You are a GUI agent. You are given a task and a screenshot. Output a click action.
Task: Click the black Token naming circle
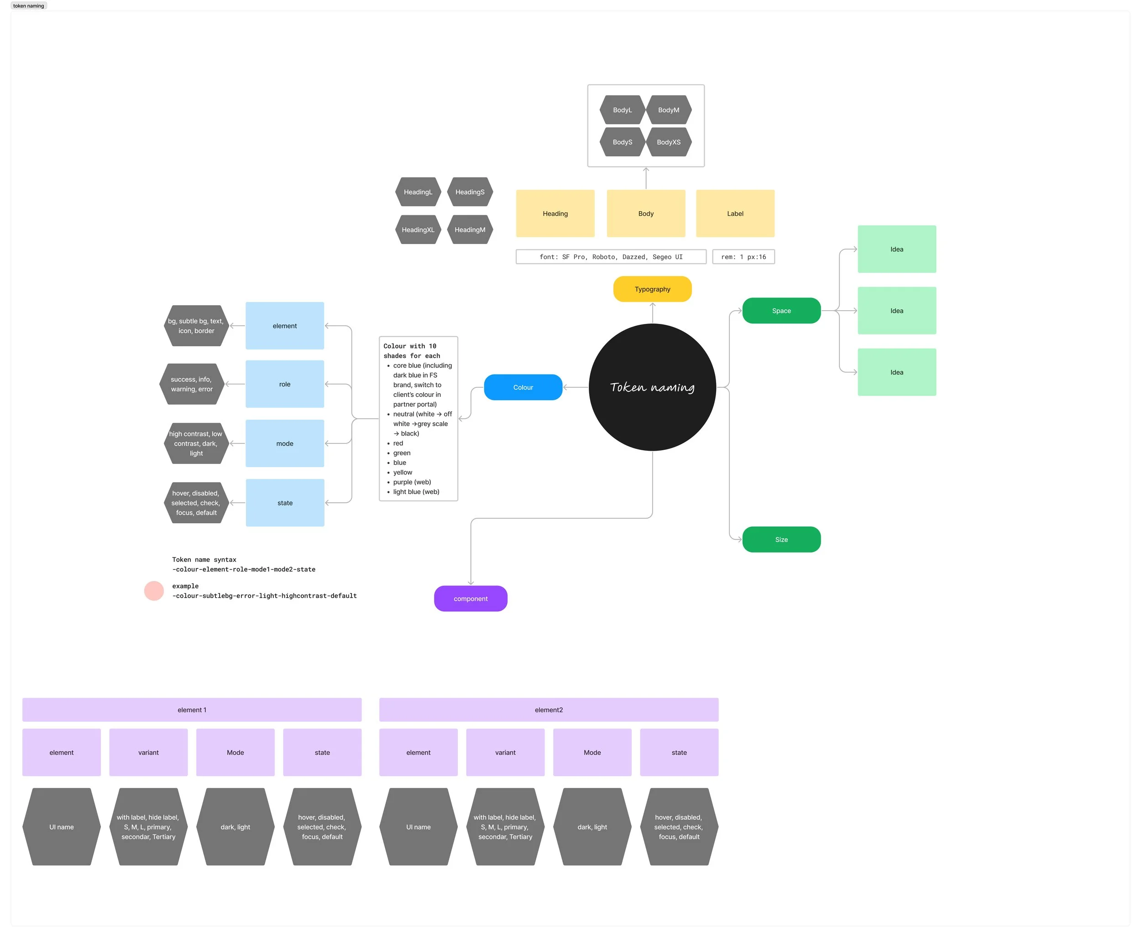(x=652, y=387)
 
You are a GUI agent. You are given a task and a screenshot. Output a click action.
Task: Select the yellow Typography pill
(x=652, y=289)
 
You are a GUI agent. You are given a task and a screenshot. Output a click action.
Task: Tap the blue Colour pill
(x=523, y=387)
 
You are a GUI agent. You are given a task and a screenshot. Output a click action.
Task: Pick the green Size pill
(x=781, y=539)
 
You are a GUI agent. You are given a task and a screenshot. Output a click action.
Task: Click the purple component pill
(x=471, y=599)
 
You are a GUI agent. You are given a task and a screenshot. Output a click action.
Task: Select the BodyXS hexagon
(x=669, y=142)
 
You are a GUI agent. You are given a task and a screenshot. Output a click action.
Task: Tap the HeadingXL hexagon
(x=418, y=229)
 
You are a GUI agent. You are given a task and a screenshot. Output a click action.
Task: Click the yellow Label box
(x=735, y=213)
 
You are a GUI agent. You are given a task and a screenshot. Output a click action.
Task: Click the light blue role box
(x=285, y=384)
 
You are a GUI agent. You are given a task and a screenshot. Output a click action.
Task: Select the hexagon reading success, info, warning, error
(x=192, y=384)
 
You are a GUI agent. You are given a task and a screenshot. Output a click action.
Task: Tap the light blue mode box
(x=285, y=443)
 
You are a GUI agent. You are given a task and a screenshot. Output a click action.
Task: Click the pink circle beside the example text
(x=154, y=590)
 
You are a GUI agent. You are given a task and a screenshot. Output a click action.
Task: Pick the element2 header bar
(x=549, y=710)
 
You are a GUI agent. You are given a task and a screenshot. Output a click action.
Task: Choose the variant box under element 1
(x=148, y=752)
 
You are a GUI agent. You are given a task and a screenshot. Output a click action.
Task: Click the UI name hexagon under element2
(x=419, y=827)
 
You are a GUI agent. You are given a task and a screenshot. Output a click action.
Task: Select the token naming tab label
(x=29, y=6)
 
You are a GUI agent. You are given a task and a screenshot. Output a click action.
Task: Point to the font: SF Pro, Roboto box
(x=611, y=256)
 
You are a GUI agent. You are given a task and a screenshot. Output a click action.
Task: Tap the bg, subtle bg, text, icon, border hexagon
(x=196, y=325)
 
